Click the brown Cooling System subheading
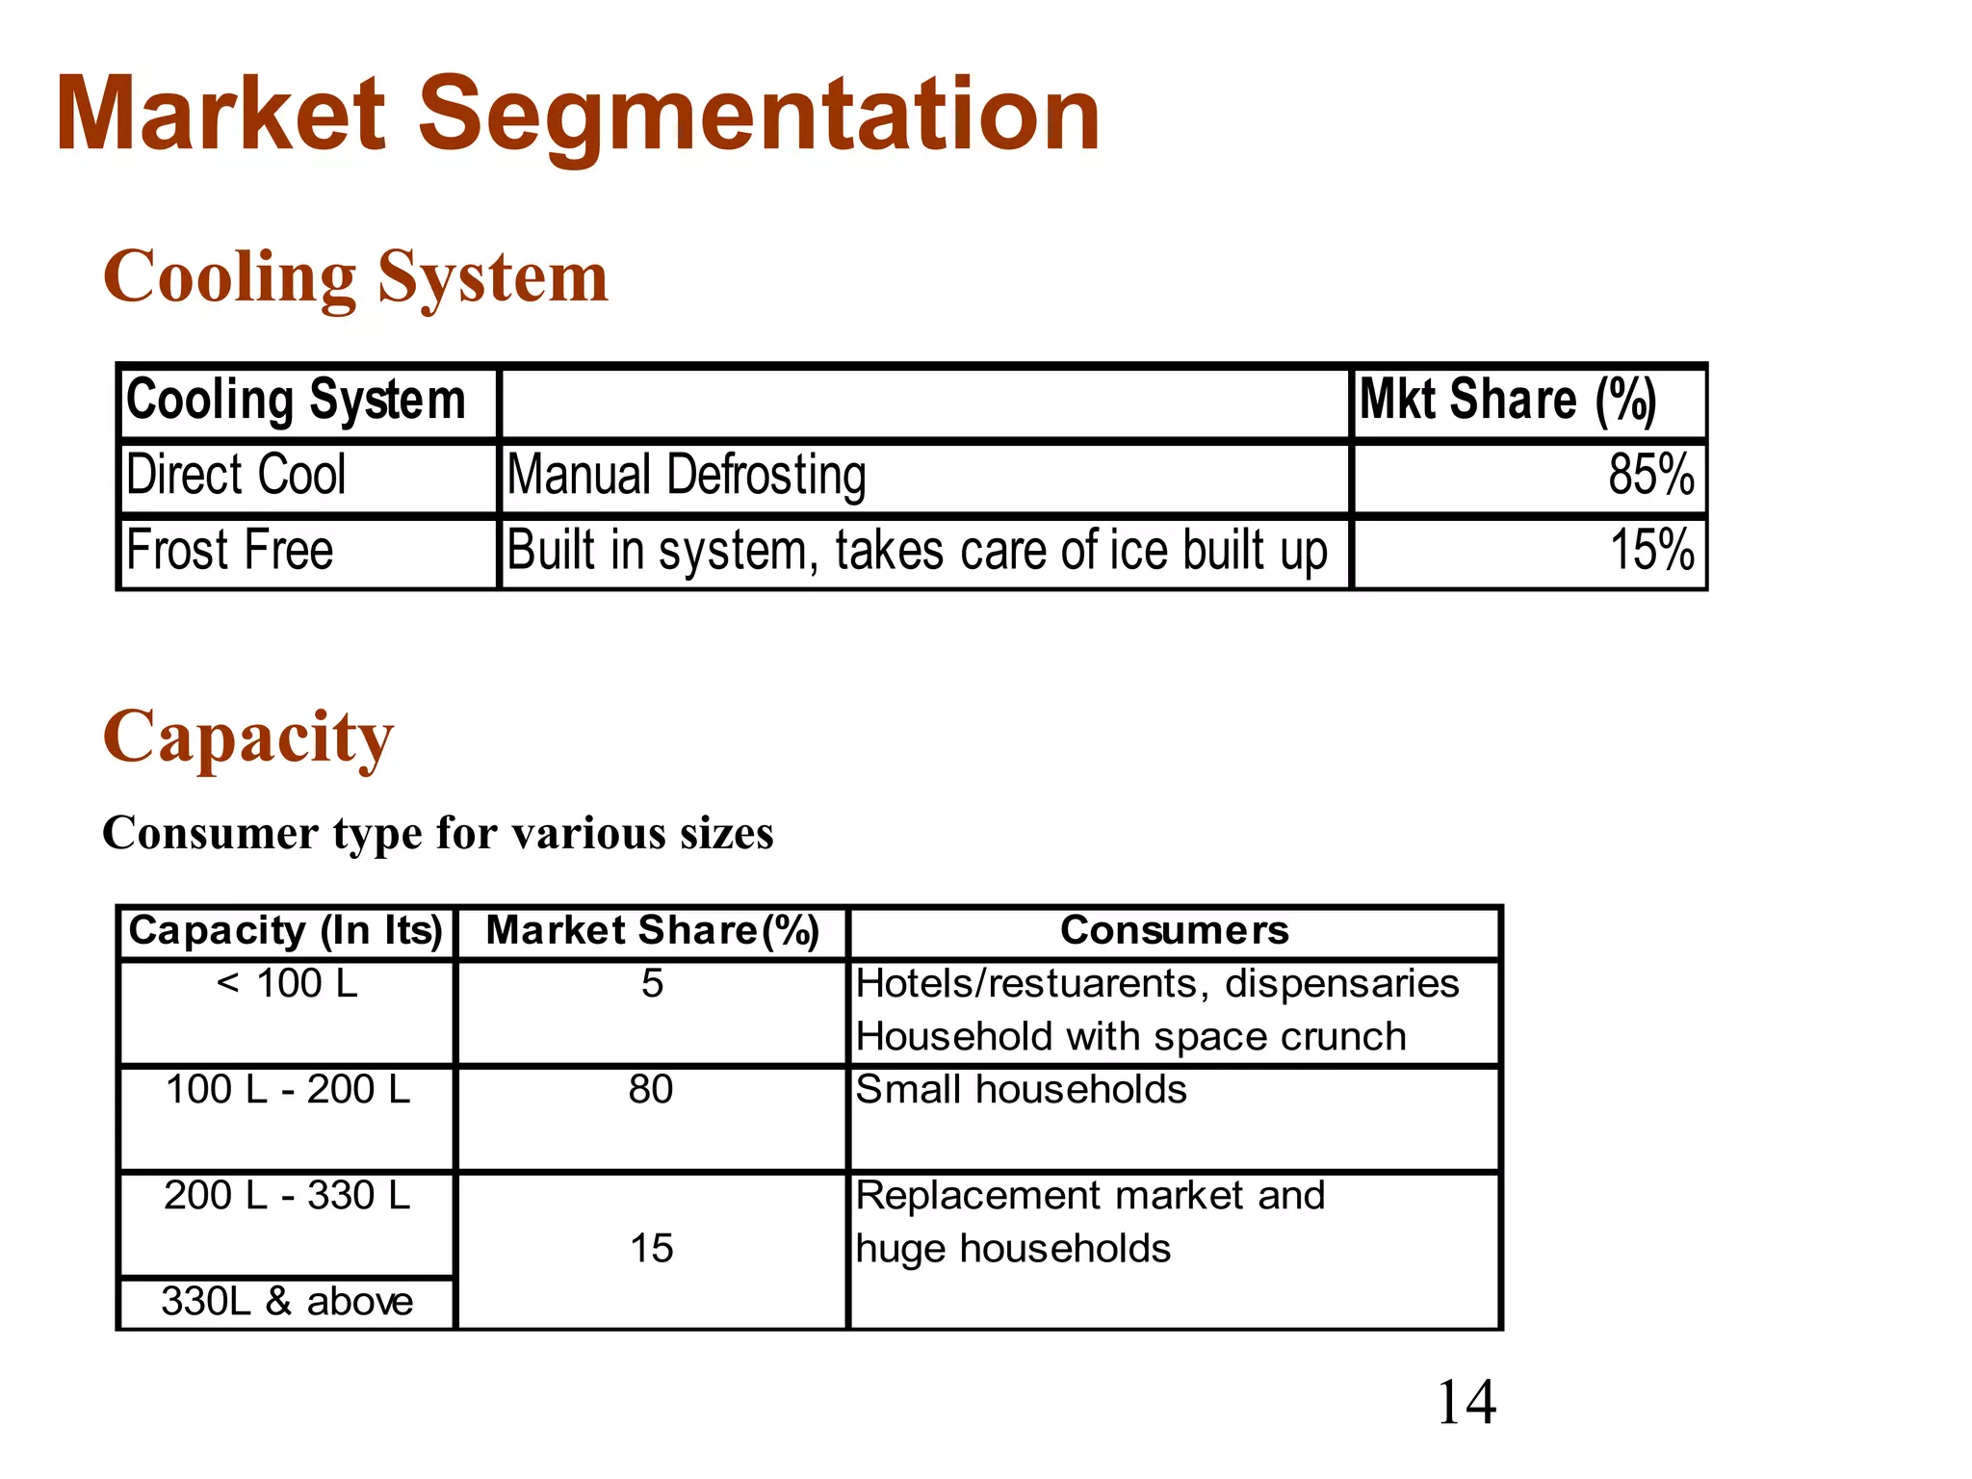(355, 276)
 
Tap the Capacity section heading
(248, 737)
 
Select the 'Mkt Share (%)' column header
(1507, 401)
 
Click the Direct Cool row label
(236, 476)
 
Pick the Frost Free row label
(230, 551)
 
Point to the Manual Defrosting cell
(687, 476)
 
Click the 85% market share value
(1650, 476)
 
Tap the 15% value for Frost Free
(1651, 551)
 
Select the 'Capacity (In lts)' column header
(286, 931)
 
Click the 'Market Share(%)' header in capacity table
(652, 931)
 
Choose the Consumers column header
(1174, 931)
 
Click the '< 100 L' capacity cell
(287, 984)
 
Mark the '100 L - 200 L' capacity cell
(287, 1090)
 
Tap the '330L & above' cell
(287, 1302)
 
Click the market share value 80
(651, 1090)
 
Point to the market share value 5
(652, 984)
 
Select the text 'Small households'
(1021, 1090)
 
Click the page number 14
(1466, 1402)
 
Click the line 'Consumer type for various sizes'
(438, 834)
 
